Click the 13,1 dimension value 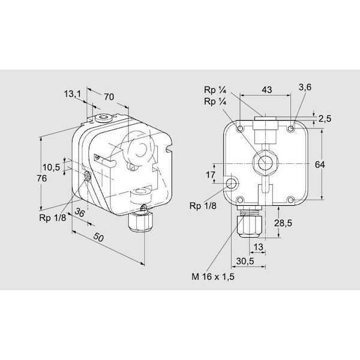[x=73, y=94]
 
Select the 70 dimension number [x=109, y=97]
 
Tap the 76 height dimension [x=42, y=178]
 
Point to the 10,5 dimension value [x=51, y=167]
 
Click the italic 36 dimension [x=80, y=213]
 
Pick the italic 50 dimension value [x=98, y=238]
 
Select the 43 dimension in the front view [x=267, y=90]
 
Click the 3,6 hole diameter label [x=305, y=87]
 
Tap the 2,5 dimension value [x=325, y=119]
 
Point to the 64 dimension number [x=320, y=164]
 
